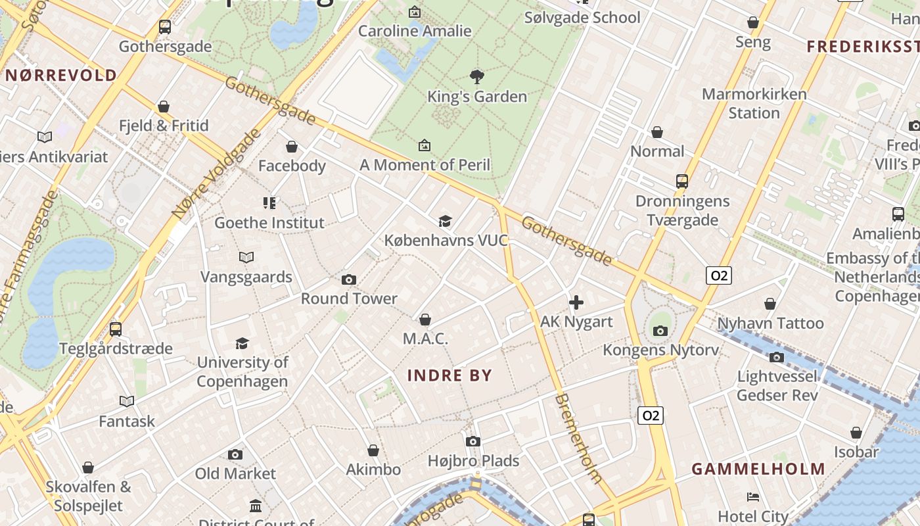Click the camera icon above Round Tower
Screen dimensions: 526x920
(x=349, y=279)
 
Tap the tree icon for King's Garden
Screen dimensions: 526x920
(x=477, y=77)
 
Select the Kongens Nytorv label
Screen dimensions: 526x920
(x=660, y=350)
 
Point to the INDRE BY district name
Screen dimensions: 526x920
(x=449, y=375)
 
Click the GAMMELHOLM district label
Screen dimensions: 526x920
(x=758, y=469)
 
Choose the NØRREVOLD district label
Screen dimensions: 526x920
(x=61, y=75)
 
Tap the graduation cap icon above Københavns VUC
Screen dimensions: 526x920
(x=446, y=221)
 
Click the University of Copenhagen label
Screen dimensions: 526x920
(x=242, y=371)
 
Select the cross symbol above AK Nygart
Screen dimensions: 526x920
(x=576, y=302)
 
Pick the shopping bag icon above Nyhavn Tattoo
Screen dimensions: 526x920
(x=770, y=304)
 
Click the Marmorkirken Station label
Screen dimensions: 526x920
(x=754, y=103)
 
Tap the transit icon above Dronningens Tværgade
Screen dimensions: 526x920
(x=682, y=181)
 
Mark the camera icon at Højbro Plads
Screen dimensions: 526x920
(x=473, y=441)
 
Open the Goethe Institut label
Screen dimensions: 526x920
(x=269, y=223)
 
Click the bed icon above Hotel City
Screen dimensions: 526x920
(x=753, y=496)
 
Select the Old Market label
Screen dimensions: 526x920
(x=235, y=473)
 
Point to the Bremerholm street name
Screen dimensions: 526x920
(x=578, y=438)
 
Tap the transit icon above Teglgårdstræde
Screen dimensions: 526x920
(x=116, y=329)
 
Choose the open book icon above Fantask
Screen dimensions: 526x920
(x=127, y=401)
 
